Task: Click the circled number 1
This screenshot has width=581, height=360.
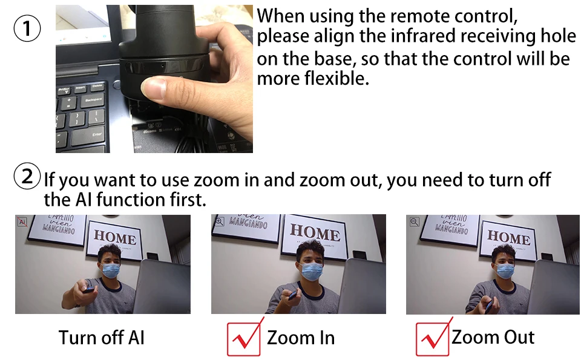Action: pos(27,28)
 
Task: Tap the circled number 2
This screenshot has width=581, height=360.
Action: pos(27,176)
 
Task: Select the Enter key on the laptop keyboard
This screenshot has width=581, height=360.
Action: pos(88,136)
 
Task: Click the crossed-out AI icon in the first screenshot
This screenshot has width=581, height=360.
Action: pos(22,222)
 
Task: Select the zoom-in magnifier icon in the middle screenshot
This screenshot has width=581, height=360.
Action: pos(219,221)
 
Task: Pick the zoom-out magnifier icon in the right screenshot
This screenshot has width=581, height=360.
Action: pos(415,222)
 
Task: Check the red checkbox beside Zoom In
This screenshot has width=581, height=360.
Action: pos(244,338)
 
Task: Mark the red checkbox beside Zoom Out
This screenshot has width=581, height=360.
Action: pos(433,338)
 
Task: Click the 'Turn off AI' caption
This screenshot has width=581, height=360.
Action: pos(102,338)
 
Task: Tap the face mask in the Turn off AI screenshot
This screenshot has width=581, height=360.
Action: pos(111,270)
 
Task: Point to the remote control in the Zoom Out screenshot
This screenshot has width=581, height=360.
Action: pos(489,304)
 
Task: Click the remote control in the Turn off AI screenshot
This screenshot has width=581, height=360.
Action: pos(90,289)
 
